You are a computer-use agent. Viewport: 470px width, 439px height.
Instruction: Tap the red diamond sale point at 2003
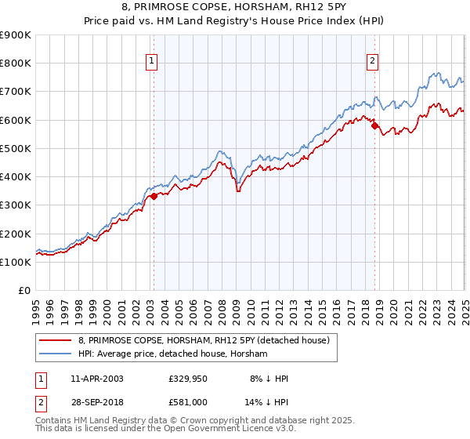click(x=154, y=197)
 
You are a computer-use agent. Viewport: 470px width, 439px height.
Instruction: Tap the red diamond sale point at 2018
click(x=375, y=125)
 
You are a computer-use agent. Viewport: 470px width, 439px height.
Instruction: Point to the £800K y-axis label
click(x=16, y=63)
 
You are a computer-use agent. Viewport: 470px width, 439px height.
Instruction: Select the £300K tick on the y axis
click(x=16, y=205)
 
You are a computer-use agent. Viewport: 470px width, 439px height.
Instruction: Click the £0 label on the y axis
click(x=24, y=291)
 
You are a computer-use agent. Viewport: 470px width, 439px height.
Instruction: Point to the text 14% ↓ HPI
click(x=269, y=404)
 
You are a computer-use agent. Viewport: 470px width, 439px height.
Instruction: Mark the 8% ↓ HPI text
click(x=269, y=379)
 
